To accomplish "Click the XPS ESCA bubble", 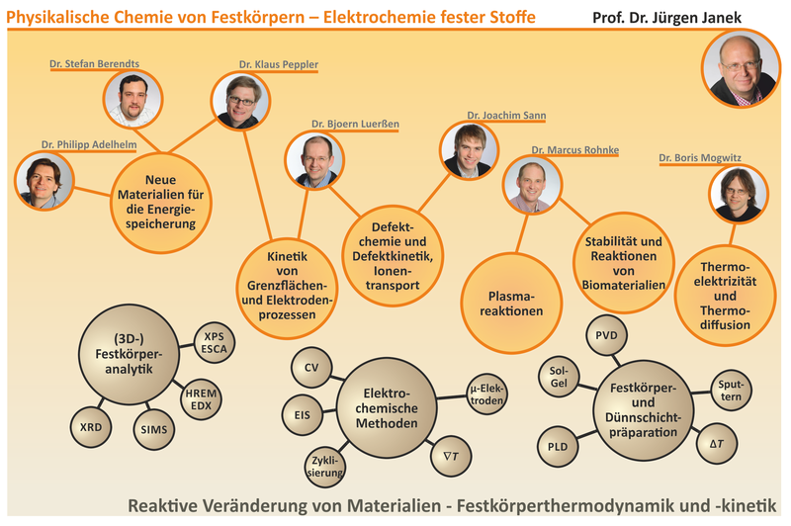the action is click(215, 343).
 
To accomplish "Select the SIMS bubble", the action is click(154, 430).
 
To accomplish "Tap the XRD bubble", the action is click(91, 427).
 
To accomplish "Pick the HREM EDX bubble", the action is click(201, 398).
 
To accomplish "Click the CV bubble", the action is click(311, 368).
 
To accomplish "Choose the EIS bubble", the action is click(303, 415).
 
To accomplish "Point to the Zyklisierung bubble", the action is click(325, 467).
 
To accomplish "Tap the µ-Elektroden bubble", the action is click(486, 394).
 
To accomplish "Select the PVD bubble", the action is click(606, 335).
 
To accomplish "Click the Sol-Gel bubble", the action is click(559, 377).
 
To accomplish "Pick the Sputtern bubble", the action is click(731, 391).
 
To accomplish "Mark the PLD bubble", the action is click(558, 447).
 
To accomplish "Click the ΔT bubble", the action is click(717, 444).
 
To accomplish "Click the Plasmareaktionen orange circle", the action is click(511, 304).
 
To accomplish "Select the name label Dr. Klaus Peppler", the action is click(279, 64).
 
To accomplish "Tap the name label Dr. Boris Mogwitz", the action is click(700, 158).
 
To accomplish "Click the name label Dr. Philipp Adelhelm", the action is click(89, 144).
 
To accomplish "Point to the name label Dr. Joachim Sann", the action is click(506, 116).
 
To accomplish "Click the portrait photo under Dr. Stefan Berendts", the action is click(132, 99).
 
